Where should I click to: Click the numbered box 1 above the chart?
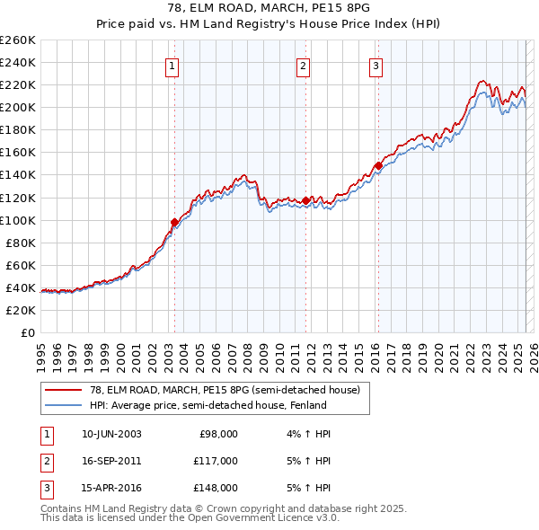[x=171, y=65]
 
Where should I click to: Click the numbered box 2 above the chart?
[x=304, y=65]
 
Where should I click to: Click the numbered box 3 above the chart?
[x=376, y=65]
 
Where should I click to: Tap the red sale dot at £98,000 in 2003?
[x=174, y=222]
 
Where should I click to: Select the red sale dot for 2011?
[x=306, y=200]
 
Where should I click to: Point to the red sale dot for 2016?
[x=379, y=165]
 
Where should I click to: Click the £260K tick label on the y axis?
[x=18, y=40]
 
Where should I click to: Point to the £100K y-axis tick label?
[x=18, y=220]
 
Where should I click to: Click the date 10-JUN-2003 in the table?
[x=111, y=434]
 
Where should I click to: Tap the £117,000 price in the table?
[x=216, y=461]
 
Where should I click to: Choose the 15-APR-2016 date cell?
[x=111, y=488]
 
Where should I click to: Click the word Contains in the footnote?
[x=62, y=508]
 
